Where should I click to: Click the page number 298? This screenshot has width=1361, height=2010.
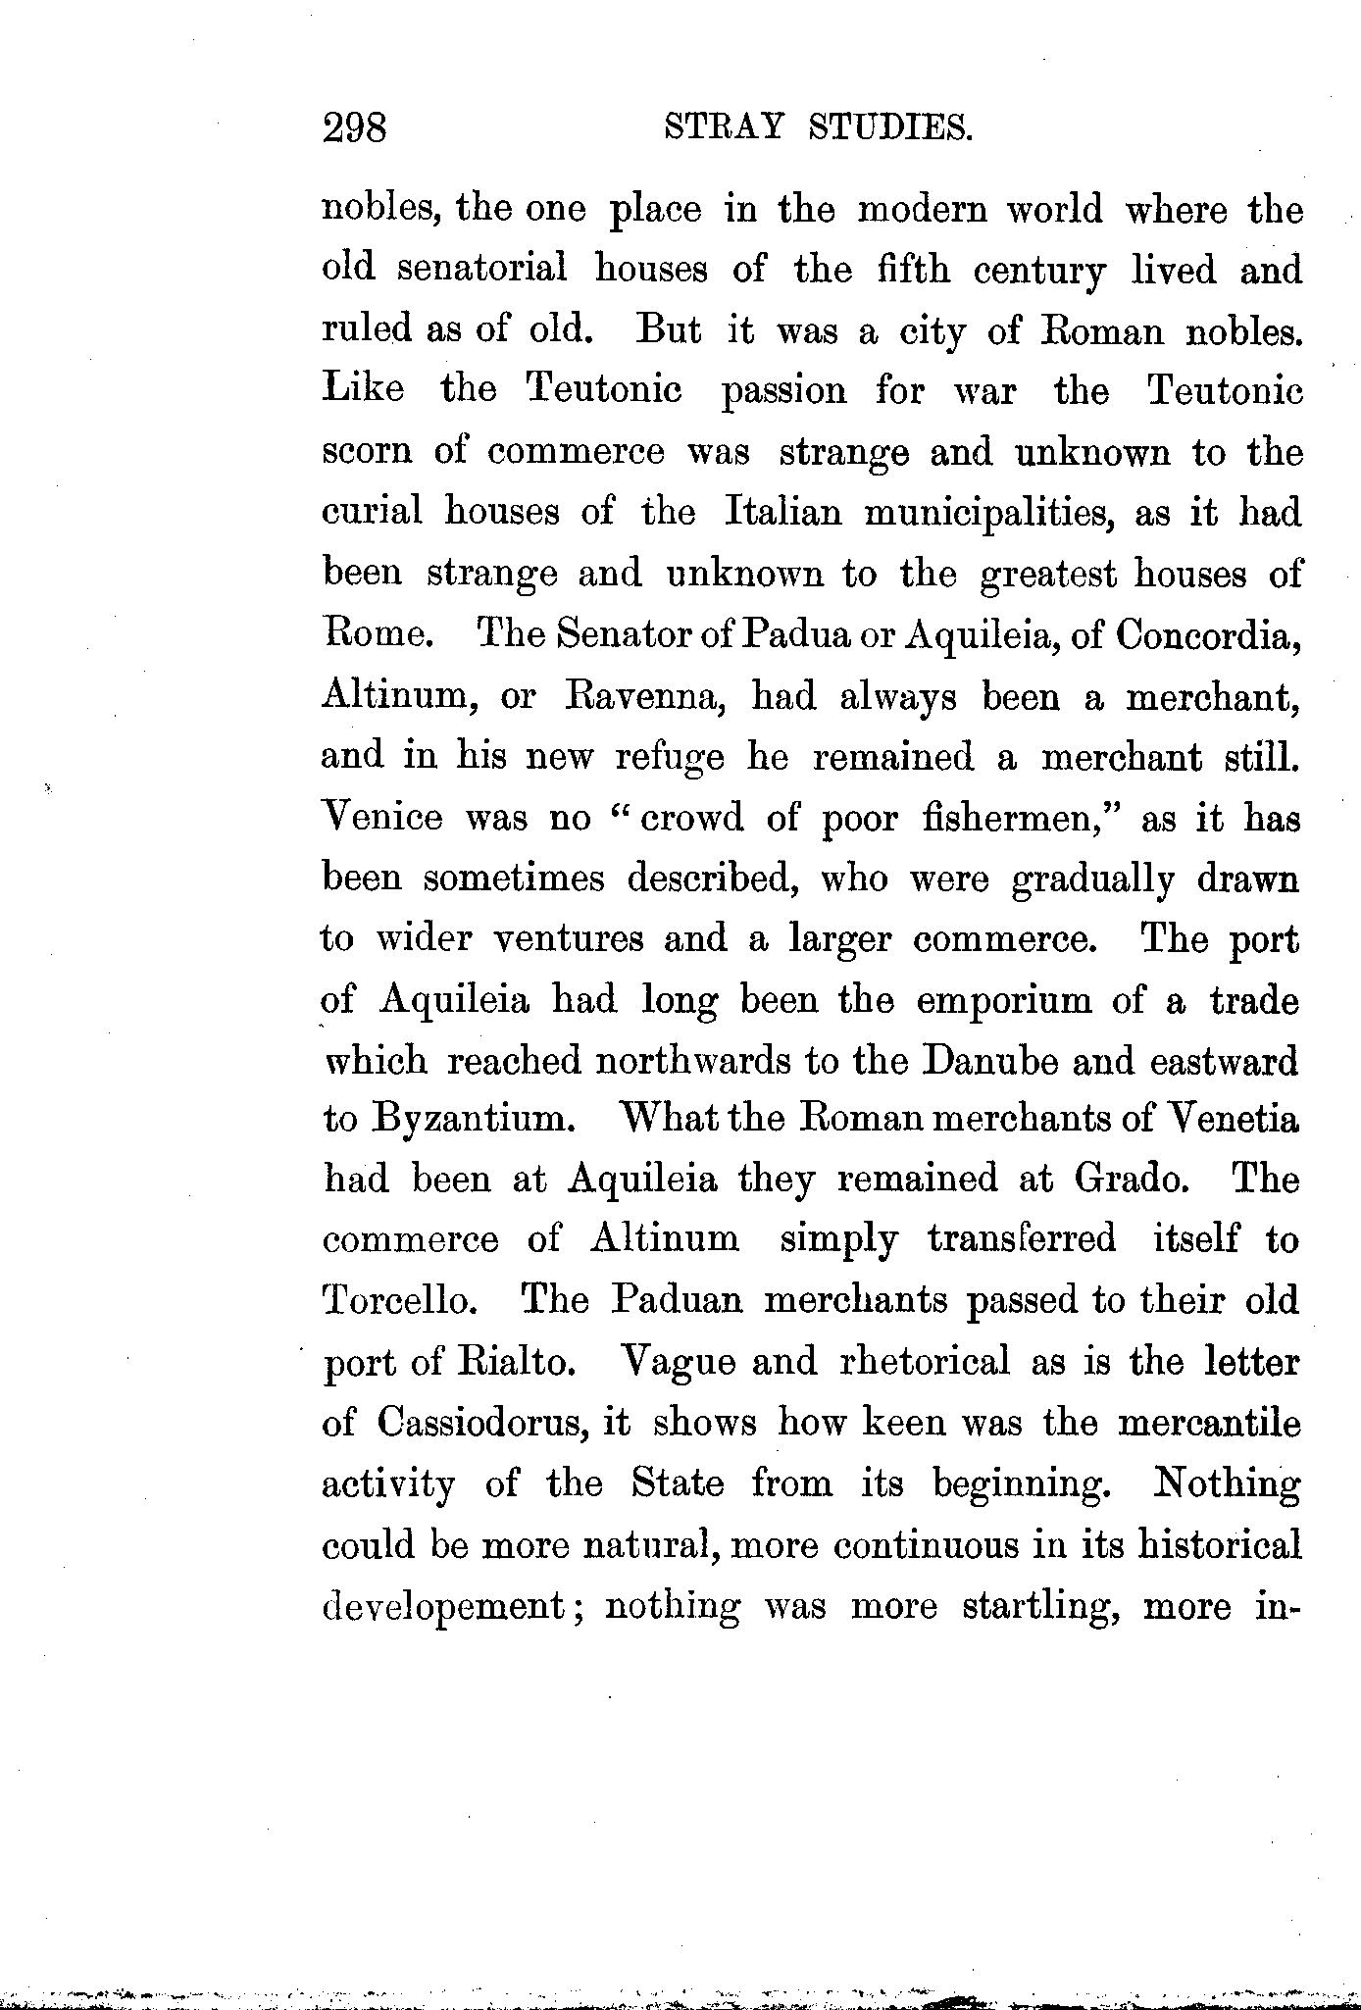pyautogui.click(x=355, y=128)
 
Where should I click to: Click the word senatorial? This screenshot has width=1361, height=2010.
pyautogui.click(x=482, y=269)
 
